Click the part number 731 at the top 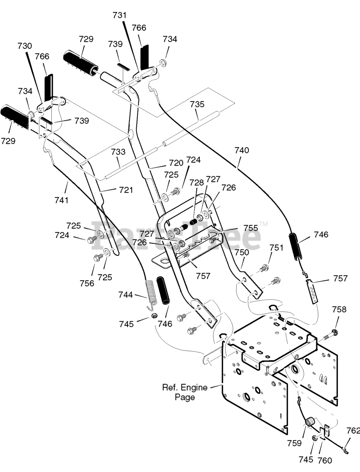pyautogui.click(x=120, y=15)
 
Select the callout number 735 pyautogui.click(x=197, y=104)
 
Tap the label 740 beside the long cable pyautogui.click(x=242, y=150)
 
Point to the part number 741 pyautogui.click(x=62, y=200)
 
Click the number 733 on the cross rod pyautogui.click(x=118, y=152)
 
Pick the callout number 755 pyautogui.click(x=251, y=228)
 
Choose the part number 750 pyautogui.click(x=241, y=252)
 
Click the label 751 pyautogui.click(x=276, y=248)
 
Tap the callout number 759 pyautogui.click(x=294, y=443)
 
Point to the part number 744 pyautogui.click(x=125, y=295)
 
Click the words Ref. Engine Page pyautogui.click(x=185, y=392)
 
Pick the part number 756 pyautogui.click(x=87, y=284)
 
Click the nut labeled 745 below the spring pyautogui.click(x=154, y=316)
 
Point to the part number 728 pyautogui.click(x=197, y=183)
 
